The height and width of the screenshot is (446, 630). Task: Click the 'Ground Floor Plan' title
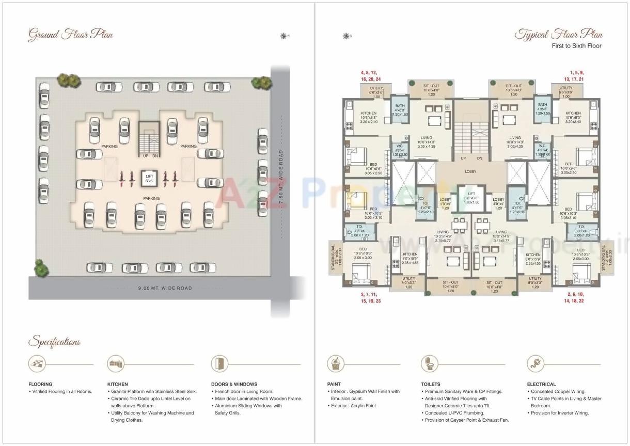(70, 35)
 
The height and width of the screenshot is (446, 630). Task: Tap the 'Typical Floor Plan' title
(558, 35)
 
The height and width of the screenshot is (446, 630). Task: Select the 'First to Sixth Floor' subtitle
(576, 46)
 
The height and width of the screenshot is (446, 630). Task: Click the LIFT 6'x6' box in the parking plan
(149, 179)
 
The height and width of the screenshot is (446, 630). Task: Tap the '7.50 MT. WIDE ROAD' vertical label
(281, 178)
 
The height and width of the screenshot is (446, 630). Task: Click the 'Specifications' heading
(55, 342)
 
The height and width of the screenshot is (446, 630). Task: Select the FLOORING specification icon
(36, 364)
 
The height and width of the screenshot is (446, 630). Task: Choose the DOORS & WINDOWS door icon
(219, 363)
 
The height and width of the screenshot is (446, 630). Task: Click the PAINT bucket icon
(335, 363)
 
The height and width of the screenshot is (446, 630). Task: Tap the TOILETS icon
(429, 363)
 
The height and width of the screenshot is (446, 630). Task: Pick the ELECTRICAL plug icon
(535, 363)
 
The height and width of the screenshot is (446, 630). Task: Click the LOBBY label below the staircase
(470, 171)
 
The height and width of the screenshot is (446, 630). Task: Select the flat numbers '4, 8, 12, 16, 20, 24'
(371, 76)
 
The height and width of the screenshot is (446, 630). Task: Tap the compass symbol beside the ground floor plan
(283, 36)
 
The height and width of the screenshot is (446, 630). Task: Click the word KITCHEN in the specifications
(118, 384)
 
